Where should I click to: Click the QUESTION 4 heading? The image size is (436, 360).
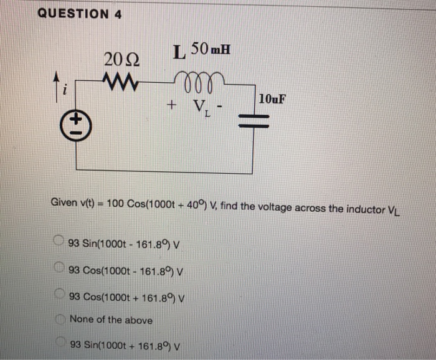(x=79, y=14)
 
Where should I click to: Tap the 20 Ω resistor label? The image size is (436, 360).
(x=123, y=60)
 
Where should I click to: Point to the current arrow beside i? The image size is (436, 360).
(x=73, y=83)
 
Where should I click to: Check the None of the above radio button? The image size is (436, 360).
(x=59, y=320)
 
